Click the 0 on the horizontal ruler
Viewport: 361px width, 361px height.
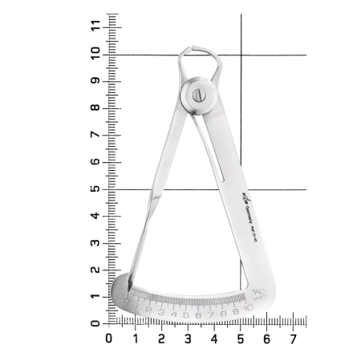click(109, 339)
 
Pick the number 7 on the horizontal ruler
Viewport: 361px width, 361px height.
click(293, 339)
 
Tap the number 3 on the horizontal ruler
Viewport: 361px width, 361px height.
click(188, 339)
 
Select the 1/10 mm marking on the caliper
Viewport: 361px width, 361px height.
click(258, 293)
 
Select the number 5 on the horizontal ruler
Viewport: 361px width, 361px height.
click(240, 339)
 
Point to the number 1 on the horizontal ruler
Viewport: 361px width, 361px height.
click(136, 339)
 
